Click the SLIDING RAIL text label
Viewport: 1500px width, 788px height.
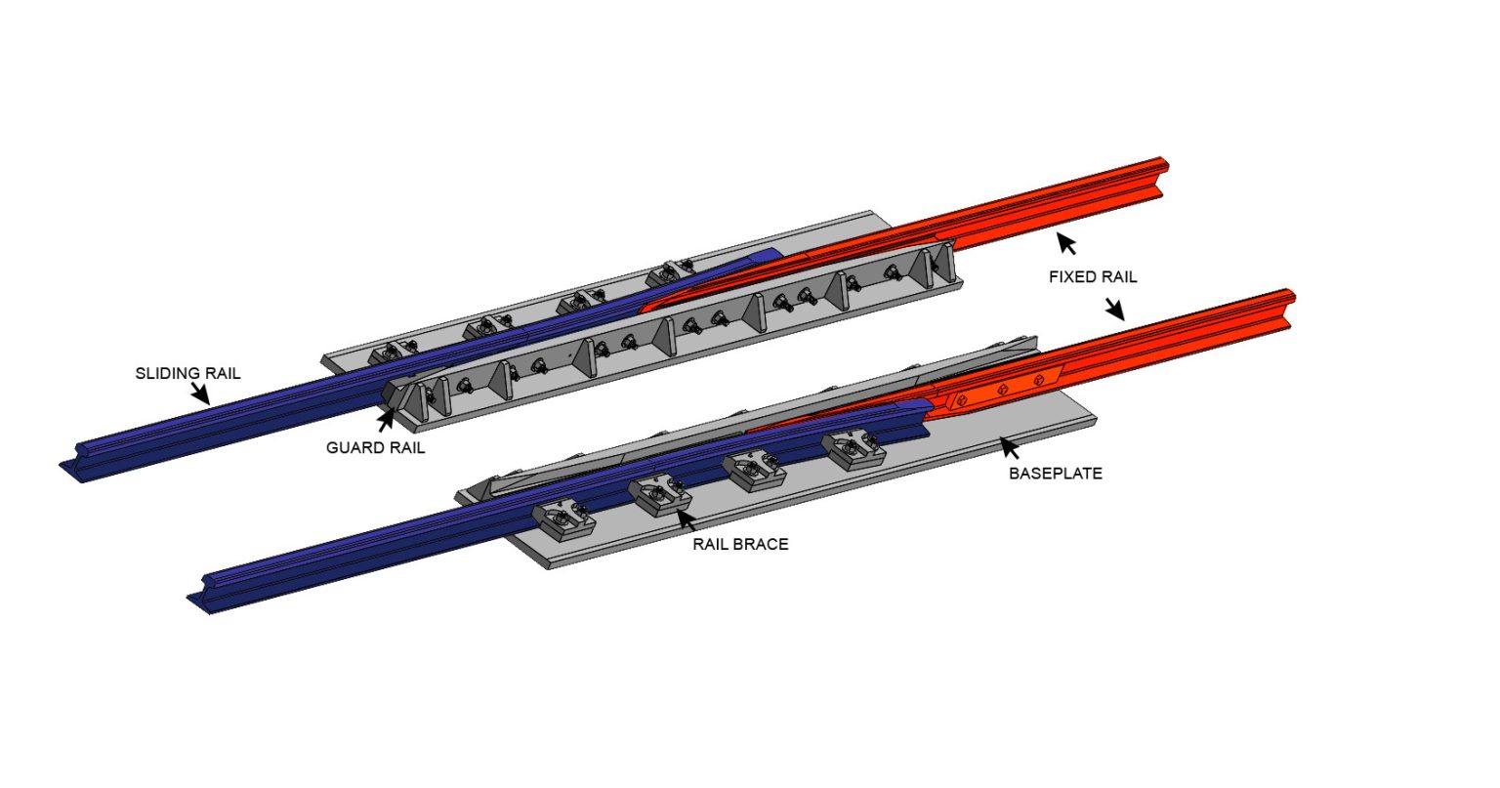point(187,373)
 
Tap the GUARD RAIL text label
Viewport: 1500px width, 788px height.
point(375,449)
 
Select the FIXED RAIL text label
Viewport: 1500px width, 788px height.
point(1093,277)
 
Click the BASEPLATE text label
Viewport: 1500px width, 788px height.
point(1055,474)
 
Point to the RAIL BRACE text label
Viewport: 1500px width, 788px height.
point(740,544)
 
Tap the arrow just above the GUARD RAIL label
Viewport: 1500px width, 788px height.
point(386,422)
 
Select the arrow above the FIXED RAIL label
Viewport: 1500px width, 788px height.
point(1067,243)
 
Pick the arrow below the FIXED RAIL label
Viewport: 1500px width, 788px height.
point(1114,310)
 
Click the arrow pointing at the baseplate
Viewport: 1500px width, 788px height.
point(1010,449)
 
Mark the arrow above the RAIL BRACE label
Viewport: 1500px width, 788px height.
point(687,519)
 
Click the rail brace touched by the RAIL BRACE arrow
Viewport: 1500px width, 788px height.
point(660,494)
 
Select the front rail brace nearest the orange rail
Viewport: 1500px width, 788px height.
point(853,449)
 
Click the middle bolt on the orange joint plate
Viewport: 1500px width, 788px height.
point(1002,390)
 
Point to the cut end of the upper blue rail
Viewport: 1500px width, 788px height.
point(74,467)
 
